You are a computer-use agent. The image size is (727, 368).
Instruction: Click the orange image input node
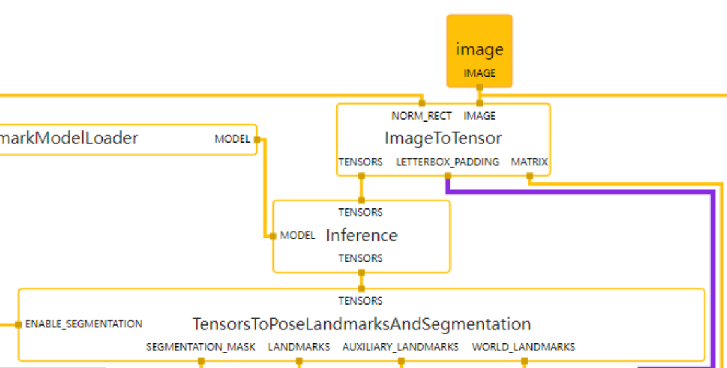click(479, 51)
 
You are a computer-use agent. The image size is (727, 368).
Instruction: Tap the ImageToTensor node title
click(443, 138)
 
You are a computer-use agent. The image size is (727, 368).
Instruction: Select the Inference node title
click(362, 236)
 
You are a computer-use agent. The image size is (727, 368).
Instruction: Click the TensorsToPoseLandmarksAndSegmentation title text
click(362, 324)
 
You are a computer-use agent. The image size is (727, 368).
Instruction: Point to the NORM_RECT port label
click(422, 116)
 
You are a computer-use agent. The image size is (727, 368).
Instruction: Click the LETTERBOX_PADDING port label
click(448, 162)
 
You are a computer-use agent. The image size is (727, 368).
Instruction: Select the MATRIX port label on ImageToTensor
click(529, 162)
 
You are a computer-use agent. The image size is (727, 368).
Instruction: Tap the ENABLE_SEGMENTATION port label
click(84, 324)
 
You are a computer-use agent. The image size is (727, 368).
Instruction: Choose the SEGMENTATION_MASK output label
click(201, 347)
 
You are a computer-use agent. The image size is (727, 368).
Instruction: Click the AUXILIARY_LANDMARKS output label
click(400, 347)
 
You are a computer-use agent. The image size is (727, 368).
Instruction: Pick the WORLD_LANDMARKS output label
click(524, 347)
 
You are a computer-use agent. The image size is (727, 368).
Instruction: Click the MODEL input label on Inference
click(297, 236)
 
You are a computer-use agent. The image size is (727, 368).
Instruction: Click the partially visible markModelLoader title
click(69, 138)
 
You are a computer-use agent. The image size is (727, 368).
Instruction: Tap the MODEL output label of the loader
click(232, 139)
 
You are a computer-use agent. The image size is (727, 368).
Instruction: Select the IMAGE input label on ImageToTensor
click(479, 116)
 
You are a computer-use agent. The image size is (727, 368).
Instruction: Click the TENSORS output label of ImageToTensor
click(360, 162)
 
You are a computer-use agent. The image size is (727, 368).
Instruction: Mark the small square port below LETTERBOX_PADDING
click(448, 175)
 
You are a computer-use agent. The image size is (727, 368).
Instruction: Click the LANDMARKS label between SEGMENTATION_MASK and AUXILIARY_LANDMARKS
click(299, 347)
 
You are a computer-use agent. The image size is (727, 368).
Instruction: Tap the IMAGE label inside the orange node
click(479, 73)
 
